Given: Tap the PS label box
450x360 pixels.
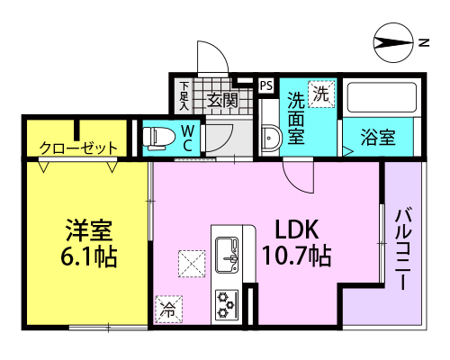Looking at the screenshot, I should pos(265,85).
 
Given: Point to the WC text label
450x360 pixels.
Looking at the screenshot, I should pos(188,137).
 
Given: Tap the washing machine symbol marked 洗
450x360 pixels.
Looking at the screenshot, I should pos(320,92).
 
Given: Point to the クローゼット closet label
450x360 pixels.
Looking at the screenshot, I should pos(77,148).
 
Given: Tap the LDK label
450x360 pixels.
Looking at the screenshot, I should pos(292,228).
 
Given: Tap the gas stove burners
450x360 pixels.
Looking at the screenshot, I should pos(224,303).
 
